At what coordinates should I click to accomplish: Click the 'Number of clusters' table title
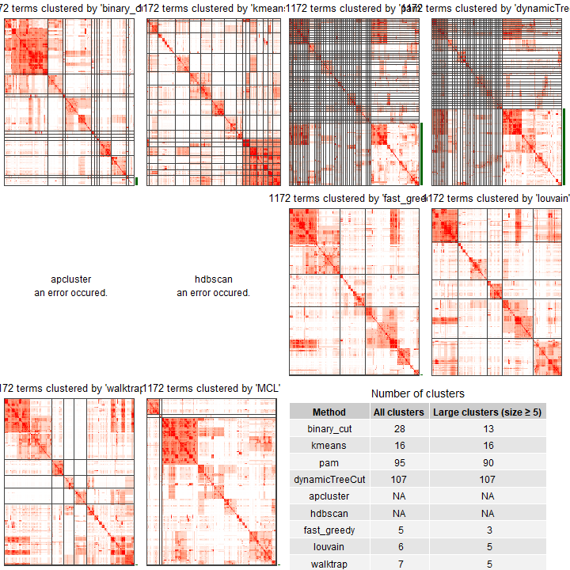[417, 393]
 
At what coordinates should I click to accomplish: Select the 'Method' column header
[329, 412]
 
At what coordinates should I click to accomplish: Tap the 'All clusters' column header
[398, 412]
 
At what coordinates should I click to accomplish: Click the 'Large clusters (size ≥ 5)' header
[487, 412]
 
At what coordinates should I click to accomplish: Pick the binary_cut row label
[329, 429]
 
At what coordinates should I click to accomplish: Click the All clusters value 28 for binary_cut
[398, 429]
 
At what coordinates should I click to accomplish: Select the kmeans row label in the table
[329, 446]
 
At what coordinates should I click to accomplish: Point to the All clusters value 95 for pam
[398, 462]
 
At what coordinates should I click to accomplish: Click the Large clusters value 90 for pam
[487, 462]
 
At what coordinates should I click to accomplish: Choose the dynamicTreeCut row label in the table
[329, 479]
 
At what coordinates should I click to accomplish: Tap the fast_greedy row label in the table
[329, 530]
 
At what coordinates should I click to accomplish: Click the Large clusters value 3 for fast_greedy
[487, 530]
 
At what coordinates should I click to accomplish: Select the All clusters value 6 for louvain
[398, 547]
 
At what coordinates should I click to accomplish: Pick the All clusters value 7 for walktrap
[398, 564]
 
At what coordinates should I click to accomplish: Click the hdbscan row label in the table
[329, 513]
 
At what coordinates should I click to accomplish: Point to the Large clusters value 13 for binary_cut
[487, 429]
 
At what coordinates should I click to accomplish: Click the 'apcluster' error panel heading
[71, 279]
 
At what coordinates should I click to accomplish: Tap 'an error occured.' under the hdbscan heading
[213, 293]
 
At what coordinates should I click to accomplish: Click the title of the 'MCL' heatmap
[212, 389]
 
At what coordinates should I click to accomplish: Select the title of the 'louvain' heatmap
[498, 198]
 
